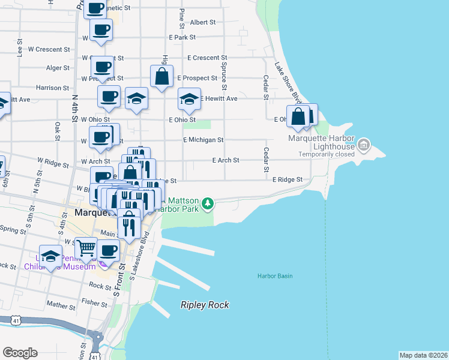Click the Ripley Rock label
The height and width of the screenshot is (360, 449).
click(205, 305)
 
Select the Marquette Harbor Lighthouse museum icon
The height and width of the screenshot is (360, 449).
click(363, 145)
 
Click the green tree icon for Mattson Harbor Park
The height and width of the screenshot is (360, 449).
click(208, 204)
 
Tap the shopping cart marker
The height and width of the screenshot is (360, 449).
click(87, 246)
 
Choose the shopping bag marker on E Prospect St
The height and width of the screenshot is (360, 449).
click(162, 77)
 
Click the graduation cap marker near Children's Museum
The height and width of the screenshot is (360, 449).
click(51, 256)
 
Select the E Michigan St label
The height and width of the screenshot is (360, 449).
click(203, 140)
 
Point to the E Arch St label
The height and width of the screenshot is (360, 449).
click(226, 160)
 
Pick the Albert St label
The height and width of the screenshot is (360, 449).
click(203, 22)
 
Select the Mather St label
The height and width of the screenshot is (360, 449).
click(61, 305)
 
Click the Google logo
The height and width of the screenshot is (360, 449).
click(20, 353)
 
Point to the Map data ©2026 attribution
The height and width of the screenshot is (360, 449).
click(423, 355)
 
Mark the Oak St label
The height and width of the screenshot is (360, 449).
click(58, 129)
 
